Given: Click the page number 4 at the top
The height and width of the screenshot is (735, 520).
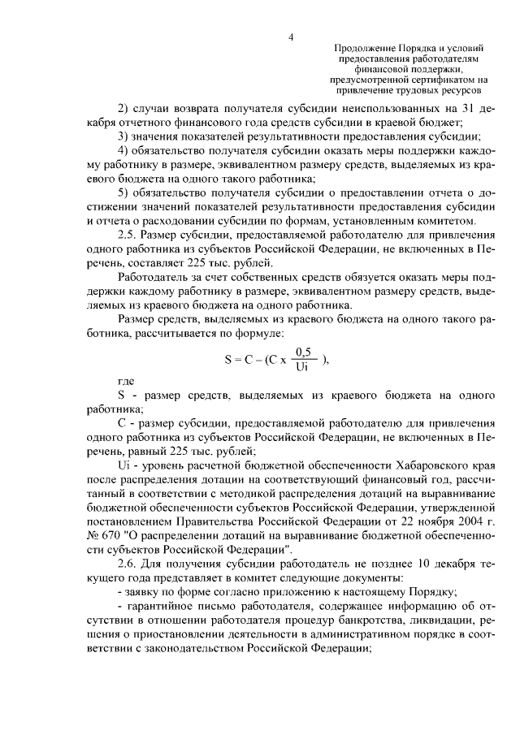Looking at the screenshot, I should pos(290,37).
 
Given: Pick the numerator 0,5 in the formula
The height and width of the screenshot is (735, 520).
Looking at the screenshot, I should pos(305,352).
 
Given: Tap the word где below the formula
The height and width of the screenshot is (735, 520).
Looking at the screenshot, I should pos(124,379).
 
